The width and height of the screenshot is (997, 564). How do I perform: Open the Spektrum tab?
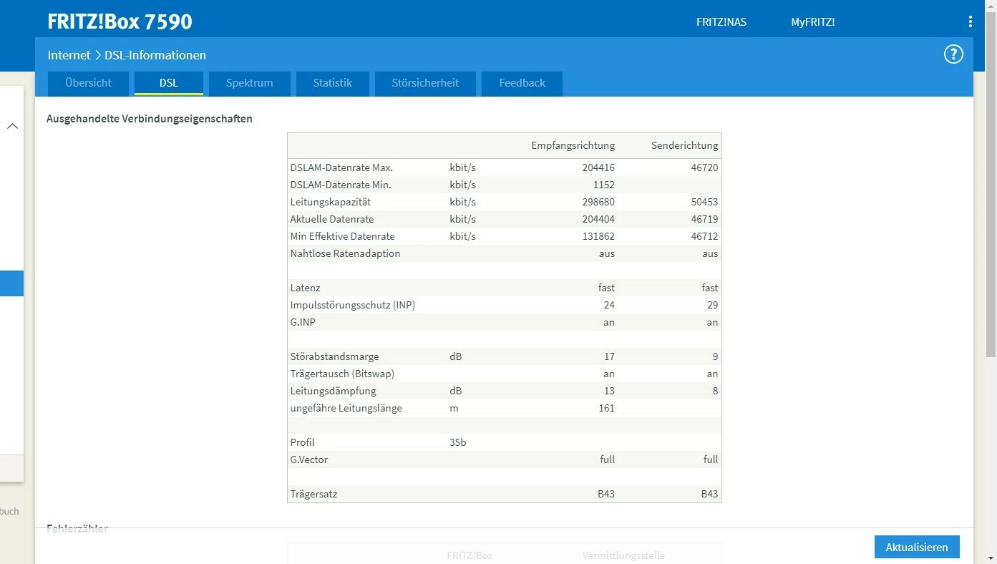249,83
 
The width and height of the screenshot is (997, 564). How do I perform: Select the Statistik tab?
333,83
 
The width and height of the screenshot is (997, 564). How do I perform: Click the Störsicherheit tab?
425,83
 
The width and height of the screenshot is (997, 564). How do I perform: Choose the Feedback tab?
522,83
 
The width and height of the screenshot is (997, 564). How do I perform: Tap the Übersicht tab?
88,83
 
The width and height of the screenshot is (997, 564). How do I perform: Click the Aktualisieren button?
917,547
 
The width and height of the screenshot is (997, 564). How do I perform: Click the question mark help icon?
953,54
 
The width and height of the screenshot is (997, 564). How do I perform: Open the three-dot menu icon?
970,21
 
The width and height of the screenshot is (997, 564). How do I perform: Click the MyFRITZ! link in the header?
812,22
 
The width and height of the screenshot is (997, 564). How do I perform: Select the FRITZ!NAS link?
721,22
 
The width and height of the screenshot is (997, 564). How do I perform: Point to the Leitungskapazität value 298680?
598,202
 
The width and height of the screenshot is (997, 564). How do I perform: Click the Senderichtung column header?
684,145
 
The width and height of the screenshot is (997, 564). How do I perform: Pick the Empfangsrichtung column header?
573,145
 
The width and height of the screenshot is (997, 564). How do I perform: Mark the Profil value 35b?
458,442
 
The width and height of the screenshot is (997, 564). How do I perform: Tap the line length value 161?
606,408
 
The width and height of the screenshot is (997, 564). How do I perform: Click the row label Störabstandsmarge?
334,356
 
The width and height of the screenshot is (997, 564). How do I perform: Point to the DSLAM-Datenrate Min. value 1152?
603,185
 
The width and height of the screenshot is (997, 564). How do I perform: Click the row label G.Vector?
309,460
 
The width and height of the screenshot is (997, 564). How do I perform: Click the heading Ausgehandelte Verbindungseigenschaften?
150,119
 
